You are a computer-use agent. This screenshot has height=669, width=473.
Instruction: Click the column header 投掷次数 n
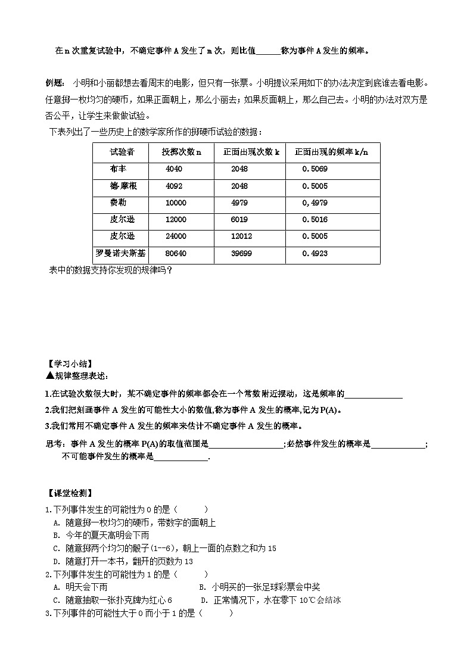182,152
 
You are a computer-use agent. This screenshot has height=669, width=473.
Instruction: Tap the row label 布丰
118,169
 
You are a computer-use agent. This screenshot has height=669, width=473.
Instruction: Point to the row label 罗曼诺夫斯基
122,253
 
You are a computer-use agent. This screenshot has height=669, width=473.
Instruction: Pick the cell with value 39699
241,253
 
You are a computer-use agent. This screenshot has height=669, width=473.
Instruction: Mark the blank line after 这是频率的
374,394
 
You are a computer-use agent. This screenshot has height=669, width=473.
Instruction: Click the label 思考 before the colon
54,444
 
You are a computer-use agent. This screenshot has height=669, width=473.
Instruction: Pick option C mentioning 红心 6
113,600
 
